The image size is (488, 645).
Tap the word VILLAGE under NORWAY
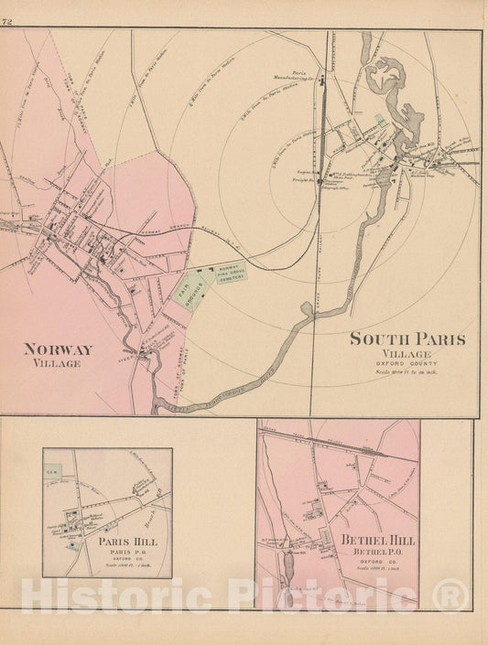click(53, 363)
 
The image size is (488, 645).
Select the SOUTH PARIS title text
click(407, 339)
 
